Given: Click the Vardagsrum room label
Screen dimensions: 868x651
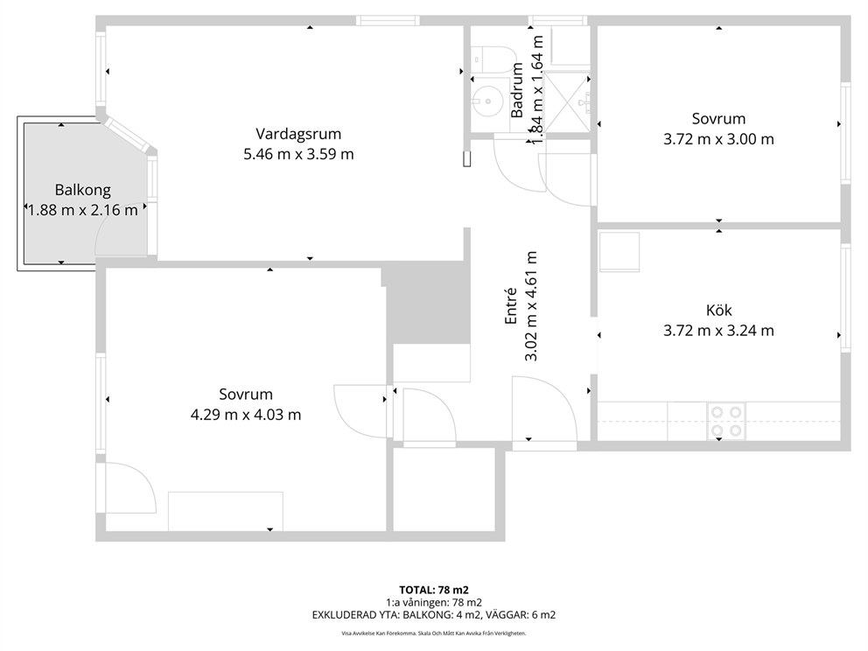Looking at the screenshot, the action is coord(298,134).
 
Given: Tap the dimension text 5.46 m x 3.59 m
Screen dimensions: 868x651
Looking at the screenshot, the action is coord(298,154).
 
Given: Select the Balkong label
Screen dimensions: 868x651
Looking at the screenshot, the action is coord(82,191).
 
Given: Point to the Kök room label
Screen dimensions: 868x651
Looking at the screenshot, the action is coord(718,310).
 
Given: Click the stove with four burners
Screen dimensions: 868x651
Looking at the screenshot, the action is coord(726,421).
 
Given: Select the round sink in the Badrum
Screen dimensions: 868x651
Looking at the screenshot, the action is coord(486,101).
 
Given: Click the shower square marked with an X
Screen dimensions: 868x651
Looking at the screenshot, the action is coord(566,102).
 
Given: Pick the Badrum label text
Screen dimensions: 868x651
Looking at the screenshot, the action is coord(516,89).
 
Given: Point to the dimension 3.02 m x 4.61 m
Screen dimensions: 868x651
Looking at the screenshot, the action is coord(530,306).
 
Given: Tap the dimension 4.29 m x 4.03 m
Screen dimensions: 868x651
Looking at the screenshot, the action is coord(246,415).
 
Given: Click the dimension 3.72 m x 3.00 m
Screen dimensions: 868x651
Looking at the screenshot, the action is coord(718,139).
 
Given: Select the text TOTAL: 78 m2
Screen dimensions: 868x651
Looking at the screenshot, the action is coord(434,590).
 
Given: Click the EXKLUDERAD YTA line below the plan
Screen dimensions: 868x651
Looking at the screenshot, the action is coord(434,615).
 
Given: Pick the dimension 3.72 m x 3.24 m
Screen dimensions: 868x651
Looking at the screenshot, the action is coord(718,331).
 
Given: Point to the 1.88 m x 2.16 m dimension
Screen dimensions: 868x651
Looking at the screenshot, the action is coord(82,210).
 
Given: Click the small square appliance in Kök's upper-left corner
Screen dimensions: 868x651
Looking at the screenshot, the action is coord(619,252).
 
